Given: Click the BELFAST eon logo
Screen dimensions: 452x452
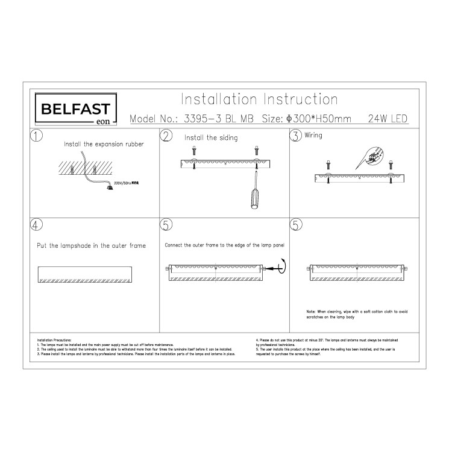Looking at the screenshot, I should point(75,111).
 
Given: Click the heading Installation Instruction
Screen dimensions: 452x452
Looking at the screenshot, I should point(260,99).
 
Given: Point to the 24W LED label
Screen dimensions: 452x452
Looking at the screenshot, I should point(388,119).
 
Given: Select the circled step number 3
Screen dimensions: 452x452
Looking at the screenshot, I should point(296,136).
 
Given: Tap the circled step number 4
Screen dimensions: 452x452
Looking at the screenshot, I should point(37,225).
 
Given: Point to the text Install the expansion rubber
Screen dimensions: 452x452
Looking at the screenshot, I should point(104,145).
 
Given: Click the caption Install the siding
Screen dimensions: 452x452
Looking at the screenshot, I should point(211,138).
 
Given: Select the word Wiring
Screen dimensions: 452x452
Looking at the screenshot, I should point(314,136).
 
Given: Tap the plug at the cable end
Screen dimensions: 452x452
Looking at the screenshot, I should point(110,187).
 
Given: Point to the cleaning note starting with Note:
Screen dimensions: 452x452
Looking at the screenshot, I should point(357,314).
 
